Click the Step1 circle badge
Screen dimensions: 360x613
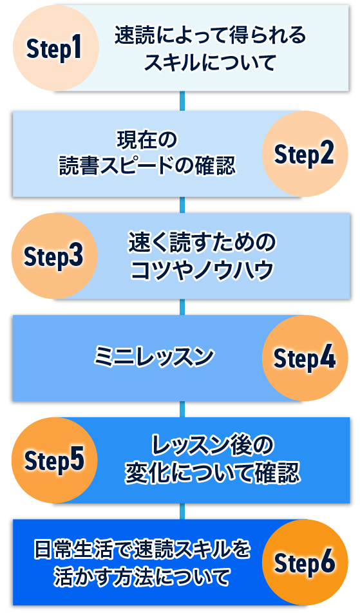pos(56,48)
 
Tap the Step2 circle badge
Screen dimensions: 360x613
pos(305,154)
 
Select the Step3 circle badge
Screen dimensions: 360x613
pos(54,256)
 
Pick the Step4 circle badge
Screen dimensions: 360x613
pos(305,358)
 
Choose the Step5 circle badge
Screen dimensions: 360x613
pos(54,460)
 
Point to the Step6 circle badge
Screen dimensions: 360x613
pos(305,563)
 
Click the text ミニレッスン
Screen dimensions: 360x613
pos(154,357)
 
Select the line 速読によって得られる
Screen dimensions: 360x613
pos(211,35)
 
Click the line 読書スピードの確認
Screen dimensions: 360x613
pos(147,165)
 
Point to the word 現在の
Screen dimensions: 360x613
pos(147,140)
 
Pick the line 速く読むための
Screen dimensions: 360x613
pos(202,242)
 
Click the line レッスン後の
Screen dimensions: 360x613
pos(213,446)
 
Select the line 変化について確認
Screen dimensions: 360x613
pos(213,473)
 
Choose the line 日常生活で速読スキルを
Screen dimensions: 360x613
pos(142,549)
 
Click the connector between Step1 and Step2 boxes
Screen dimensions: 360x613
pos(182,101)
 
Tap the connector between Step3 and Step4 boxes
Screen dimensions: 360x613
pos(182,307)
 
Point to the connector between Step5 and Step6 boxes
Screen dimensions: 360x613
pos(182,511)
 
